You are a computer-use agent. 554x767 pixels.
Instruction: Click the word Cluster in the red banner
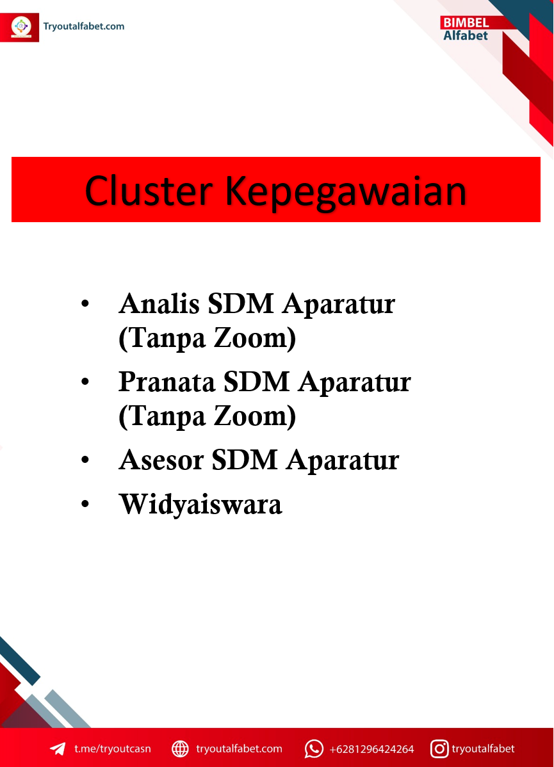149,191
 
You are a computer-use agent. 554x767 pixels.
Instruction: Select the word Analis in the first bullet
159,303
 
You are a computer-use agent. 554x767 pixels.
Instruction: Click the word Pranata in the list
167,382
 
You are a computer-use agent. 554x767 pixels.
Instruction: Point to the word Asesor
161,461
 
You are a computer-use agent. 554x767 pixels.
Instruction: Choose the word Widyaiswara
200,505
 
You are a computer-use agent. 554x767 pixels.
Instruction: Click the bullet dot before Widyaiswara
85,504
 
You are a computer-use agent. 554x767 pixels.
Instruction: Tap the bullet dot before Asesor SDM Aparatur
85,460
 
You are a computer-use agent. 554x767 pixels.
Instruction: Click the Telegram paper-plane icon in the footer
58,748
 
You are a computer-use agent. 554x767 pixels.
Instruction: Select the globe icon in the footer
180,748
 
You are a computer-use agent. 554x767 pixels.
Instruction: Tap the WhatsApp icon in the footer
314,748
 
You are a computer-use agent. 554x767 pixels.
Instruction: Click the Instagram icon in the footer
439,748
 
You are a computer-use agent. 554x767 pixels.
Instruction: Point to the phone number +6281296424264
371,749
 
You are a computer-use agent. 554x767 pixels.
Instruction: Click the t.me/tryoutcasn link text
113,749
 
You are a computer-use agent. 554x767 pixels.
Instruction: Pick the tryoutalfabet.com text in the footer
239,749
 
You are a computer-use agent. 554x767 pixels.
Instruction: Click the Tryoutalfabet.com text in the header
84,26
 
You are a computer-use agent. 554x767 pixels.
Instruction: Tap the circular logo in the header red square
21,26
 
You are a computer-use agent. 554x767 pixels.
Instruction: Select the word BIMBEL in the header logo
466,23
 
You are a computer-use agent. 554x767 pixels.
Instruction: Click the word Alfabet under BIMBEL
466,36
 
